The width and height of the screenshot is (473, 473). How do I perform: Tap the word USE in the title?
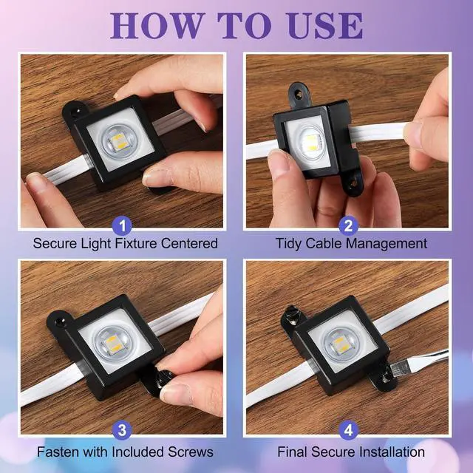(x=325, y=26)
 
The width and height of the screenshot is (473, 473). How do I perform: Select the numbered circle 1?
(x=122, y=225)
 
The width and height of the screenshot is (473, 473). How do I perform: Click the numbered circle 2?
(x=348, y=225)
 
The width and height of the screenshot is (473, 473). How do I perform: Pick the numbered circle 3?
(x=122, y=430)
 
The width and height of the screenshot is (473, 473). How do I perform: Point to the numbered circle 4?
(x=348, y=430)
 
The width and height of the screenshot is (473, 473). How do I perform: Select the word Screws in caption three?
(x=191, y=452)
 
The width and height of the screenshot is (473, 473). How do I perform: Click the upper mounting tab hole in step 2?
(x=299, y=94)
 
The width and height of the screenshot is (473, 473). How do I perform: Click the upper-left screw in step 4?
(x=292, y=315)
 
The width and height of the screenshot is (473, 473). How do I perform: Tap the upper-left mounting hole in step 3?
(x=58, y=321)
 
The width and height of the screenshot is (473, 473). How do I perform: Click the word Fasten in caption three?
(x=58, y=452)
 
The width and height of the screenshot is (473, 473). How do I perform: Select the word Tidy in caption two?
(x=289, y=243)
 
